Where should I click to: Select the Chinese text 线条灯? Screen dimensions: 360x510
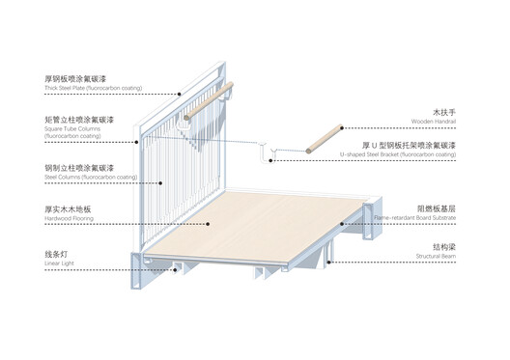pos(57,253)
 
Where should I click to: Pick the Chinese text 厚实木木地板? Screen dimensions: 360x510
pos(67,208)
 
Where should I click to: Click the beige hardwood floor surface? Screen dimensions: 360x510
pos(251,222)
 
